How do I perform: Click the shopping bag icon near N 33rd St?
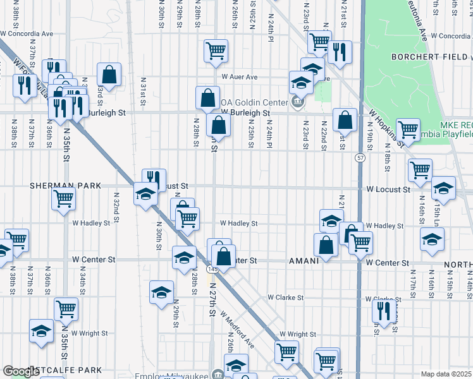pos(109,74)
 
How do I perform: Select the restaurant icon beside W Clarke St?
pos(384,311)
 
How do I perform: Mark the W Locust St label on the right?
pos(388,189)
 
